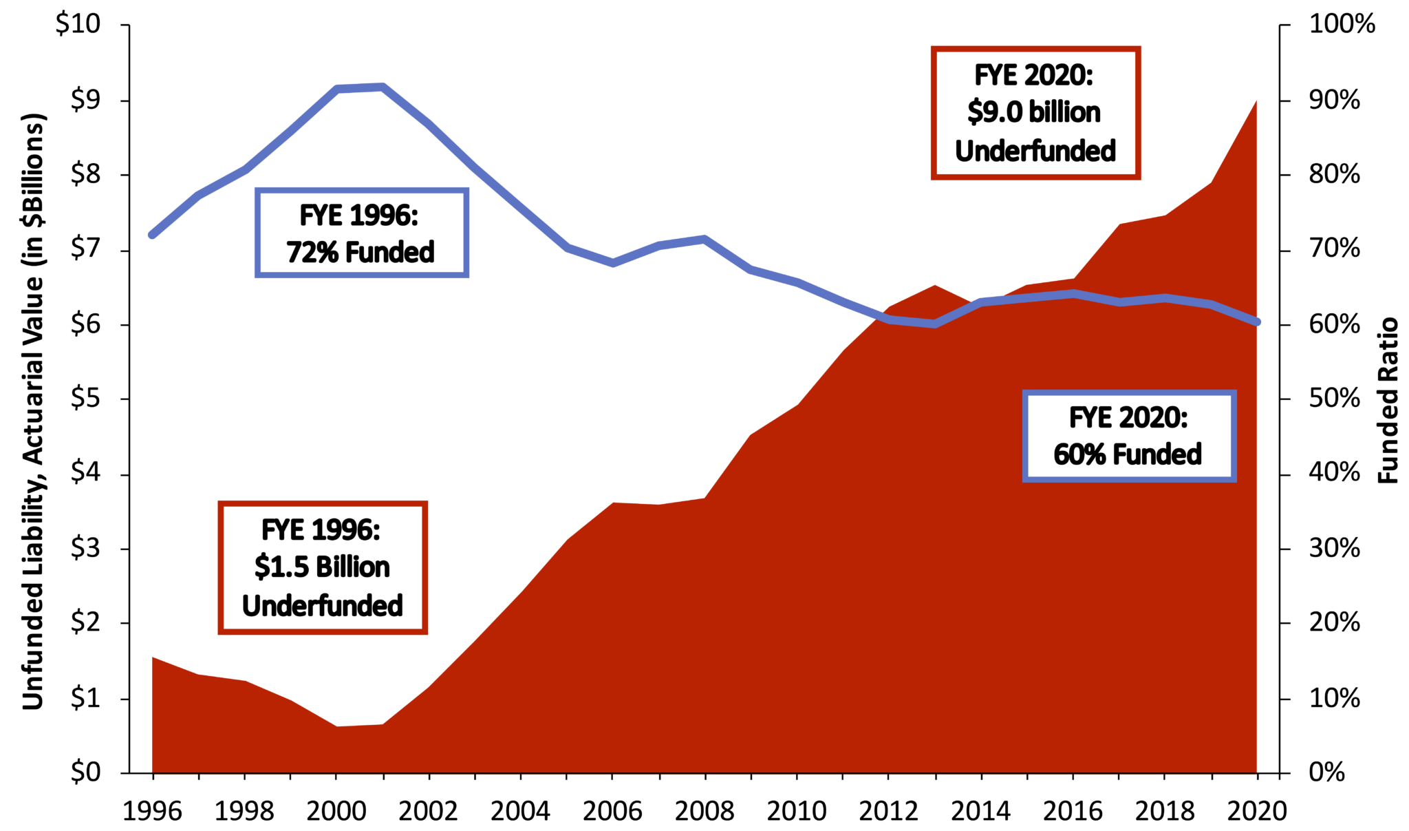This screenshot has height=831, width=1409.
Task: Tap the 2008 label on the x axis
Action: coord(704,811)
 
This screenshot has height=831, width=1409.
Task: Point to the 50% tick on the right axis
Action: coord(1334,399)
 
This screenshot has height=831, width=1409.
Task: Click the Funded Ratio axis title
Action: coord(1388,400)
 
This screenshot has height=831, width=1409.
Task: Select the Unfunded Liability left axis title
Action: coord(33,411)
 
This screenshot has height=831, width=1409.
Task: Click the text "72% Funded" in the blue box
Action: coord(361,253)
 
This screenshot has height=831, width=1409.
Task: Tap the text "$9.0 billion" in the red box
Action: coord(1034,112)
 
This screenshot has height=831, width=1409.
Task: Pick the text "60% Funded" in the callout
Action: coord(1128,454)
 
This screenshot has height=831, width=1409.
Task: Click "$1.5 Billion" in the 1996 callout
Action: coord(322,567)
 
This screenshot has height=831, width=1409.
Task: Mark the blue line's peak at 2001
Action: coord(383,87)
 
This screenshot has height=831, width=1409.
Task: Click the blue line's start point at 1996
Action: coord(153,235)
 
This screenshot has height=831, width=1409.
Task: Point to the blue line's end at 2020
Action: coord(1257,322)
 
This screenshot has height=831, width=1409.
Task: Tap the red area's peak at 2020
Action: coord(1256,102)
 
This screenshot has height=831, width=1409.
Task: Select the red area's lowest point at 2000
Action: coord(337,726)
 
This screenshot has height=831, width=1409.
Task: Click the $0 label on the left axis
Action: coord(86,772)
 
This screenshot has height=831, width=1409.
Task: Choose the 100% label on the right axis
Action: coord(1341,25)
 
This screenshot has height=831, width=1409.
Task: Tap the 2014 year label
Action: coord(980,811)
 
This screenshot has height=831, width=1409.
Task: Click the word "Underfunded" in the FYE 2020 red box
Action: coord(1035,151)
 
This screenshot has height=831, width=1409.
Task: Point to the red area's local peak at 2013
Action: coord(935,286)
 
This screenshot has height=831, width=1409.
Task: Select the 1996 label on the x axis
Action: coord(152,811)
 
